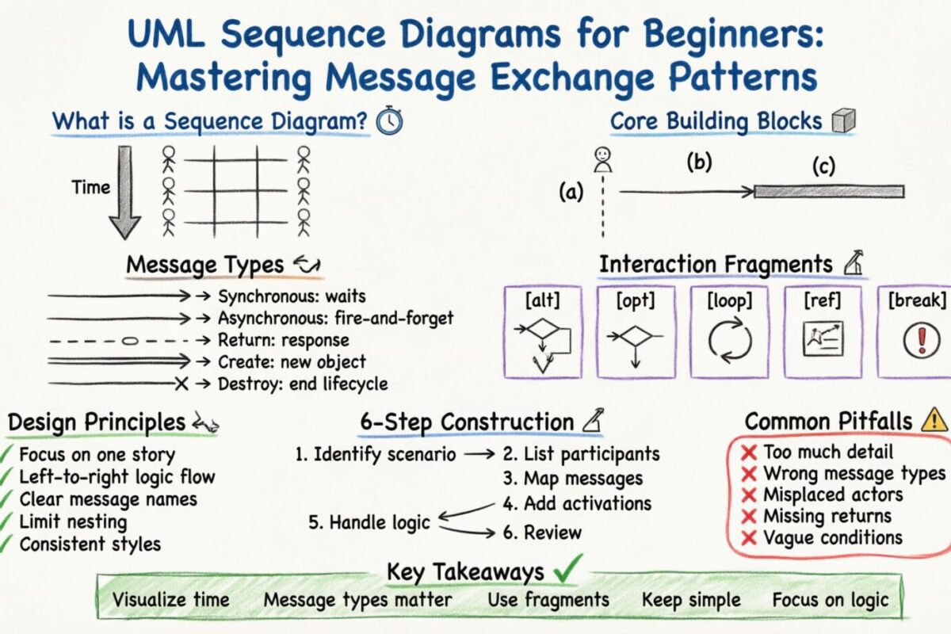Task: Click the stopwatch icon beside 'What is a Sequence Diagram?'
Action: click(390, 121)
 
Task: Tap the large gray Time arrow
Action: click(124, 190)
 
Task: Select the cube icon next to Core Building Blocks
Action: click(842, 121)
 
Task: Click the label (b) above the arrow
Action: click(698, 162)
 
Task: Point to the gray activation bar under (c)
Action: click(828, 191)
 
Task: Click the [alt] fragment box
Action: click(543, 331)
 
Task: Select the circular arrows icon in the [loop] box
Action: click(728, 340)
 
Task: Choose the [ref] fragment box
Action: click(823, 331)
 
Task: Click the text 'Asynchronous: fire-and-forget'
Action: click(335, 318)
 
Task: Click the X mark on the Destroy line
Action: click(181, 384)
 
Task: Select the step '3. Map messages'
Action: click(571, 479)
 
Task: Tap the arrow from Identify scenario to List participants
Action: click(479, 455)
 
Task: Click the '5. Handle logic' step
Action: click(369, 522)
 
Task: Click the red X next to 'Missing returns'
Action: click(747, 517)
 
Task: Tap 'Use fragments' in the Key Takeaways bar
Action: click(548, 600)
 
